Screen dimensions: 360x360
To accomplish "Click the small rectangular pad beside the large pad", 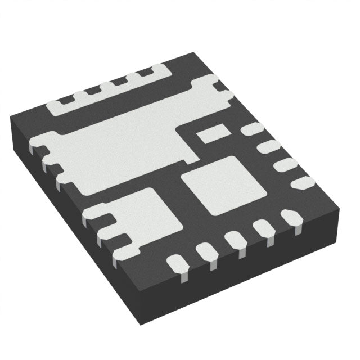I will pos(210,133).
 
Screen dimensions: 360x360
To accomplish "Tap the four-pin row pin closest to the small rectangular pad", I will pos(251,130).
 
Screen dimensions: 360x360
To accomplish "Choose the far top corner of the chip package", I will pos(194,52).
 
